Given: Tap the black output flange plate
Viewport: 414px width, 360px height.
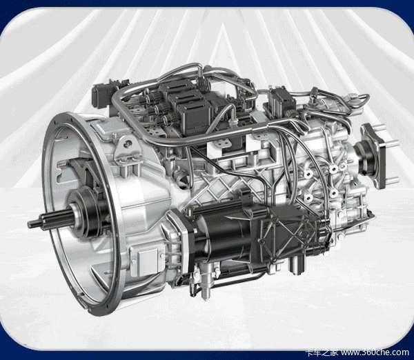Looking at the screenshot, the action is [x=373, y=156].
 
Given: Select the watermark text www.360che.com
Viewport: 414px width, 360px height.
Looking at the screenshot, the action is [x=375, y=352].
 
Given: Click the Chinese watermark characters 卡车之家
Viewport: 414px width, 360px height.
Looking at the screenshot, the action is [x=322, y=352].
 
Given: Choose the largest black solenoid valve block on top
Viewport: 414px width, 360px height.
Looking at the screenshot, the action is [x=195, y=116].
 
